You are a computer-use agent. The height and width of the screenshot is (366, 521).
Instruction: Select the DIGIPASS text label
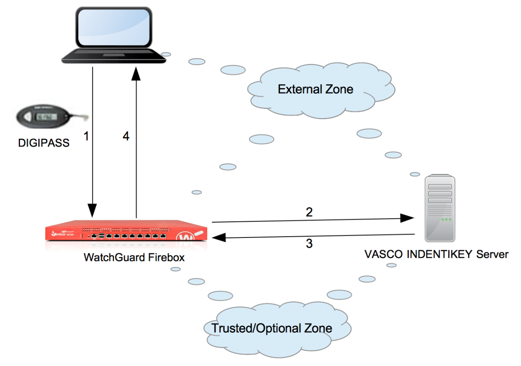(43, 143)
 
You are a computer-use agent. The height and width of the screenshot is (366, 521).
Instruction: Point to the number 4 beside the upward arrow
(126, 136)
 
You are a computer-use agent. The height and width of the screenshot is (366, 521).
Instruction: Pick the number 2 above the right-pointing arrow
(309, 212)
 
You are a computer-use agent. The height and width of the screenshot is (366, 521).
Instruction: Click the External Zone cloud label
(315, 89)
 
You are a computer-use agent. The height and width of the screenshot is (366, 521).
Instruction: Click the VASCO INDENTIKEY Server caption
(436, 254)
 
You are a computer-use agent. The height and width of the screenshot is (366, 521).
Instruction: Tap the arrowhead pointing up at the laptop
(136, 75)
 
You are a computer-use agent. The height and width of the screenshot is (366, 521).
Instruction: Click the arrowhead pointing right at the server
(408, 218)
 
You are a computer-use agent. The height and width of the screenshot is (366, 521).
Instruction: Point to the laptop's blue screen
(113, 26)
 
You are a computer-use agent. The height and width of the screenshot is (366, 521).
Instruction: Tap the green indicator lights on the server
(446, 220)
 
